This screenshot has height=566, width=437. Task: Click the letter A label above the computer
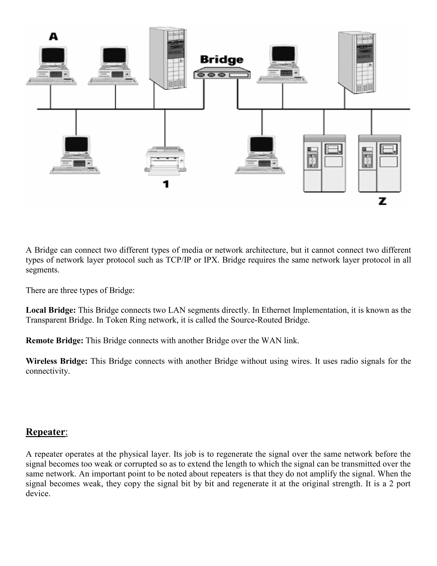pyautogui.click(x=53, y=37)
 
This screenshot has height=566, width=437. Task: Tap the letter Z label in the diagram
pyautogui.click(x=382, y=201)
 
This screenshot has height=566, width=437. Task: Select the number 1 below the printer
pyautogui.click(x=166, y=184)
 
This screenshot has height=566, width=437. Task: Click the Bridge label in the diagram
pyautogui.click(x=222, y=60)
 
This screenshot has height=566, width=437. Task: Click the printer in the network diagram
pyautogui.click(x=165, y=160)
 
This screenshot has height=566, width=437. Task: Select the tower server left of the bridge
pyautogui.click(x=168, y=59)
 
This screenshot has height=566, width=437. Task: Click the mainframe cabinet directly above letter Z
pyautogui.click(x=380, y=163)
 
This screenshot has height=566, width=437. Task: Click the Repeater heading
pyautogui.click(x=45, y=432)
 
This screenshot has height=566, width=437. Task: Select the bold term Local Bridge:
pyautogui.click(x=51, y=310)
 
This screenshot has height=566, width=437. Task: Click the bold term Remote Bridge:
pyautogui.click(x=54, y=340)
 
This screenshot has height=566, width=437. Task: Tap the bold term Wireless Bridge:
pyautogui.click(x=56, y=361)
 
